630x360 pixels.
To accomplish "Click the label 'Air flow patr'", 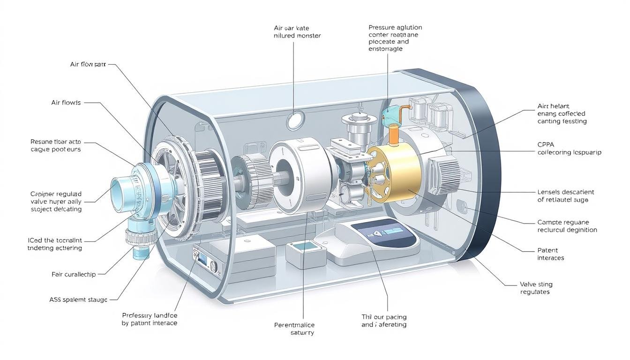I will coord(88,64).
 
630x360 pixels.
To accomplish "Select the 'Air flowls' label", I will coord(66,102).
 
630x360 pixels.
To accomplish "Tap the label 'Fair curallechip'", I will coord(73,274).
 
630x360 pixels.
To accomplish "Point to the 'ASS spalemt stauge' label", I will coord(78,299).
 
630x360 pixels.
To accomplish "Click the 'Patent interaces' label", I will coord(550,254).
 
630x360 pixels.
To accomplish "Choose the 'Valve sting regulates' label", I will coord(536,288).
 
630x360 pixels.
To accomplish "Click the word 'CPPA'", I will coord(546,145).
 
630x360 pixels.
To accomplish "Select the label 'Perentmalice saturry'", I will coord(294,329).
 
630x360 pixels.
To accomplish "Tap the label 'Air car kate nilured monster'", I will coord(297,32).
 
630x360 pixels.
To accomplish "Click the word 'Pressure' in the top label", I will coord(382,27).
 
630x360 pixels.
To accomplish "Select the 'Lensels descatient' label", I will coord(565,196).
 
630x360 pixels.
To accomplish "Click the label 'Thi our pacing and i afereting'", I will coord(384,321).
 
